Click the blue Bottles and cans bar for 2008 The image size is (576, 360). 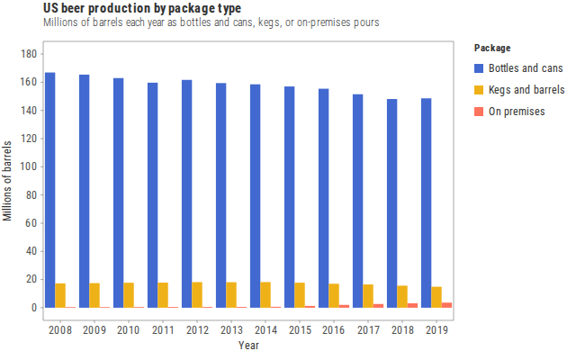[x=50, y=190]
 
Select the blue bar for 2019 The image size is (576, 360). [x=426, y=202]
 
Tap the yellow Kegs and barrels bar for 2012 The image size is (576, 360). [x=197, y=294]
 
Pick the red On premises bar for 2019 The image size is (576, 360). [x=446, y=305]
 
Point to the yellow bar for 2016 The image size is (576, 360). [x=334, y=296]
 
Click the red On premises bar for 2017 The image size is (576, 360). [x=378, y=306]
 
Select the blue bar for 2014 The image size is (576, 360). [x=256, y=196]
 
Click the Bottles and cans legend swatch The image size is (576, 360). [x=479, y=68]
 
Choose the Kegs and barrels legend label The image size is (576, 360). [x=526, y=90]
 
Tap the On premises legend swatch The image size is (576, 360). [x=479, y=112]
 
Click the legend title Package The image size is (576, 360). [x=492, y=48]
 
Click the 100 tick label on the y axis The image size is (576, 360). [x=29, y=166]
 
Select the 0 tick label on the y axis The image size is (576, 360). [x=34, y=308]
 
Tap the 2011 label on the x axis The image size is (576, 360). [x=163, y=330]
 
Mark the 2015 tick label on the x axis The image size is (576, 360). [x=300, y=330]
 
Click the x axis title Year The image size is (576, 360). [x=248, y=346]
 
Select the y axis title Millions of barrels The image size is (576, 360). [x=7, y=181]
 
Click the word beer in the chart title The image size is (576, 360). [x=73, y=8]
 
